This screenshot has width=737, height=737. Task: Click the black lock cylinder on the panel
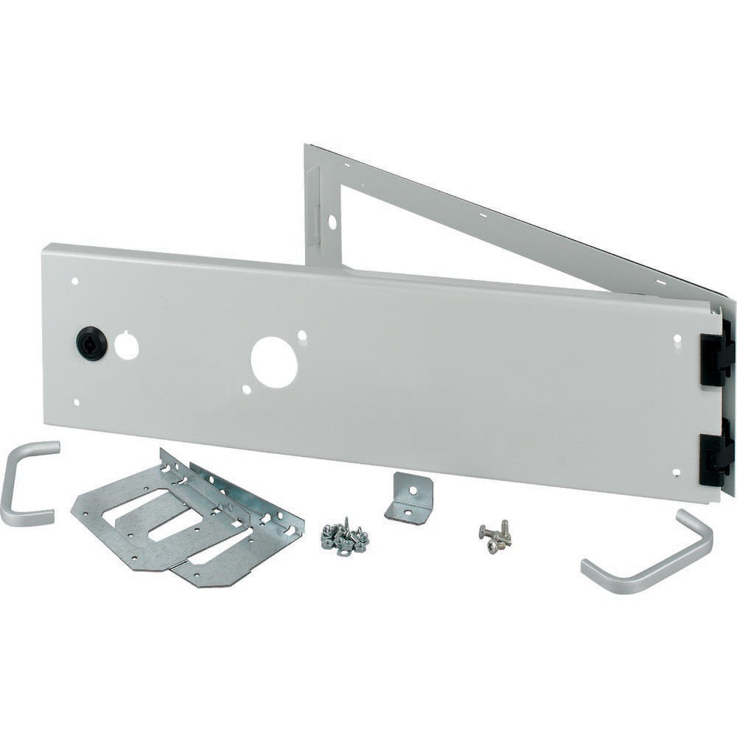(91, 343)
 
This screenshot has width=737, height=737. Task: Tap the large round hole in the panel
(273, 362)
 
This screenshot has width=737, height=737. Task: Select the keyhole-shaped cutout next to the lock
(127, 346)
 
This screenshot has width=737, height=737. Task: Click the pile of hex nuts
(344, 538)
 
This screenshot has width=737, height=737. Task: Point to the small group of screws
(495, 537)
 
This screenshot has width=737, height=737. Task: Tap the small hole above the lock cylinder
(75, 281)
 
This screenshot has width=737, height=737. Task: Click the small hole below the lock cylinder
(77, 402)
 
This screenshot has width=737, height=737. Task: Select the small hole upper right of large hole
(301, 335)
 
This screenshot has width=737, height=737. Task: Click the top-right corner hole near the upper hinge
(677, 339)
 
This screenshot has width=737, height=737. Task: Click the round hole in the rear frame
(332, 220)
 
